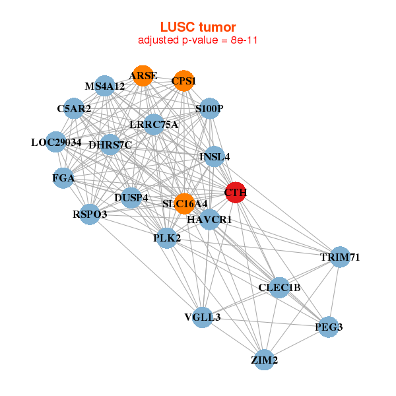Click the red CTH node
point(236,193)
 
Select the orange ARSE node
point(143,77)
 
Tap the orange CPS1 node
point(184,81)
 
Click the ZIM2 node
point(264,360)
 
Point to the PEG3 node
point(329,326)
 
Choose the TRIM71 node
point(339,257)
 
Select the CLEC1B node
point(279,287)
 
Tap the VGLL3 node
point(203,317)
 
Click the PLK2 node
point(167,238)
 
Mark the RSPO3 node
point(90,214)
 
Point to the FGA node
point(63,178)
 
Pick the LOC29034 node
point(57,142)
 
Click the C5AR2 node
point(74,108)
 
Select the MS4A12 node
point(105,86)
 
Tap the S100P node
point(209,108)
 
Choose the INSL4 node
point(214,157)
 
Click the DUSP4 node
point(131,197)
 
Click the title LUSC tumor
point(198,27)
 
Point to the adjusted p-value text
point(198,40)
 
